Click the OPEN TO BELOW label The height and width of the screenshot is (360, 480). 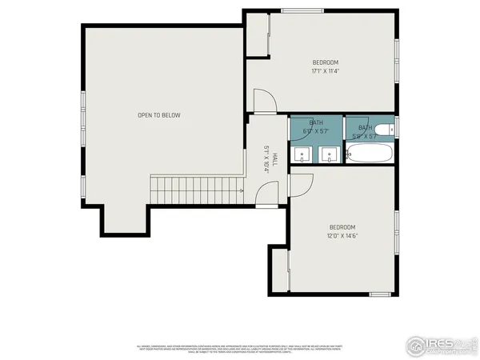coord(159,115)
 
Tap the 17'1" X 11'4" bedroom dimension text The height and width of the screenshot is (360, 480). coord(326,71)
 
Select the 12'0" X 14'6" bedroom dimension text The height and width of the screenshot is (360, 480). coord(342,236)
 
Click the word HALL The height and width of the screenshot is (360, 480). coord(275,158)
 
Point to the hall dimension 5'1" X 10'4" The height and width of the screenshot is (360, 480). coord(266,158)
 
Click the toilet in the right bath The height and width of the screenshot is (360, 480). coord(383,130)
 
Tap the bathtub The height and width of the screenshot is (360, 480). coord(369,153)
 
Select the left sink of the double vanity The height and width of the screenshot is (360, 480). coord(302,154)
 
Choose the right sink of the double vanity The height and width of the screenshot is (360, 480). coord(328,154)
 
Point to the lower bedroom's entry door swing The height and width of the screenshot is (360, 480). coord(300,185)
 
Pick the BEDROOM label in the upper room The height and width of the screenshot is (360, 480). coord(326,62)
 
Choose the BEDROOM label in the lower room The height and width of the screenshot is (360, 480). coord(342,227)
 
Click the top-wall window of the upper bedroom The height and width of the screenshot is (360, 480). coord(302,10)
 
